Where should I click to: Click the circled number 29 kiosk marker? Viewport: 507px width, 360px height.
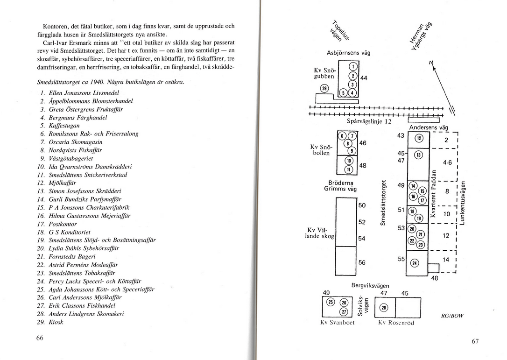(x=324, y=88)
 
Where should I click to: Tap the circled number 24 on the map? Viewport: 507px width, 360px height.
(x=414, y=263)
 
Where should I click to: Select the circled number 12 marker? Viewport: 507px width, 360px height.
(x=419, y=138)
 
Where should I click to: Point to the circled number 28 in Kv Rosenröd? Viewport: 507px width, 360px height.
(x=384, y=308)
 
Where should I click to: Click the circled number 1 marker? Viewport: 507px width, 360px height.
(x=353, y=66)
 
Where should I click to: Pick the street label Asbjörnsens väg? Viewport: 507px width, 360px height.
(x=349, y=53)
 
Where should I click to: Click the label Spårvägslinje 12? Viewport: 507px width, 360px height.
(x=369, y=121)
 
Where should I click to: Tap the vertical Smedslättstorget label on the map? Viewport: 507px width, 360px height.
(x=383, y=203)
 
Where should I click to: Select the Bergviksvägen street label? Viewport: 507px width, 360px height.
(x=370, y=286)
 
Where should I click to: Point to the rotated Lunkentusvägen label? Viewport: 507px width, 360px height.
(x=463, y=203)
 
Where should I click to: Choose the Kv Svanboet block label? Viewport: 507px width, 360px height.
(x=337, y=323)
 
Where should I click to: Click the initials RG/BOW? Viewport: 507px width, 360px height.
(x=452, y=316)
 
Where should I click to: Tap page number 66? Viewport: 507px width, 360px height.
(x=40, y=338)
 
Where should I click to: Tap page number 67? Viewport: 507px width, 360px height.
(x=475, y=341)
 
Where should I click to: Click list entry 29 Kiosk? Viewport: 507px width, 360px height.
(x=51, y=322)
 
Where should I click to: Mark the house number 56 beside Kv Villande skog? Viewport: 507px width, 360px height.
(x=362, y=262)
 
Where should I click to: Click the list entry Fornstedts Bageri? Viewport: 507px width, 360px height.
(x=72, y=256)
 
